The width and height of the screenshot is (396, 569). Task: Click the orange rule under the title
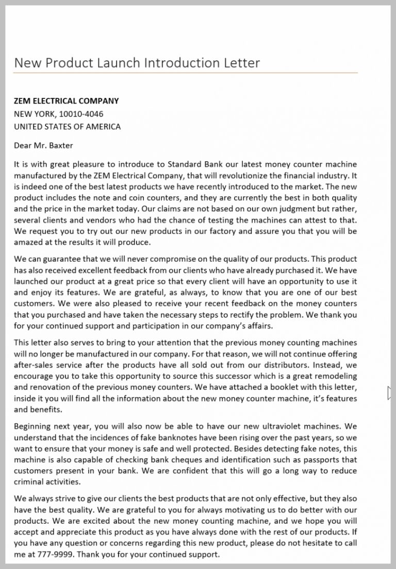[x=185, y=73]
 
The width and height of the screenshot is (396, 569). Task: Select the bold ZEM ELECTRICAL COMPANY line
[x=66, y=101]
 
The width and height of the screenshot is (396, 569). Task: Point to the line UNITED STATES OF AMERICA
[x=67, y=127]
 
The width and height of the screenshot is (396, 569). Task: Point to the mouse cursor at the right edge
[x=390, y=393]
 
